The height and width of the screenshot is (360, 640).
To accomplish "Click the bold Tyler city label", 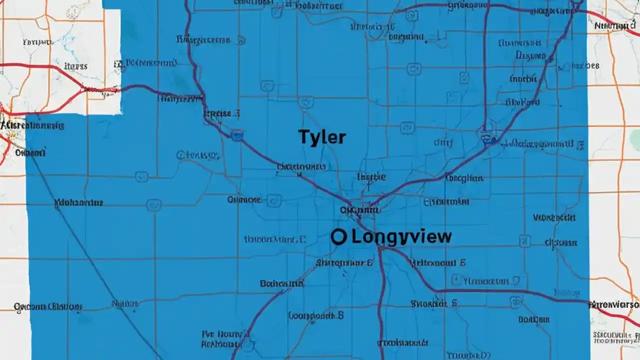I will point(322,137).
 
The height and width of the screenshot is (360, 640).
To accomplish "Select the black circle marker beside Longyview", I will point(338,236).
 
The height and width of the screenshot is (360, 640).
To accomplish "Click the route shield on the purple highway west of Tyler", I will point(237,134).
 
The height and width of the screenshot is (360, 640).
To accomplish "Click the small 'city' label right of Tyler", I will point(442,142).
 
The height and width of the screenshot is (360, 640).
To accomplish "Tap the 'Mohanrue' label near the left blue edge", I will point(78,203).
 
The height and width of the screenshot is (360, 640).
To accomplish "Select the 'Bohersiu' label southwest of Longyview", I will point(282,283).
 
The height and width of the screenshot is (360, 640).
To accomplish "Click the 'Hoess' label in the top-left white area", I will point(76,66).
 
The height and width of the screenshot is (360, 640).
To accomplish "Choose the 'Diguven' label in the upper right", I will point(530,56).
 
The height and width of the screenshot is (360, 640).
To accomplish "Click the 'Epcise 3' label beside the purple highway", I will point(221,114).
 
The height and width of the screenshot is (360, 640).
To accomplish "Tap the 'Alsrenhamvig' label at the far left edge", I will point(33,125).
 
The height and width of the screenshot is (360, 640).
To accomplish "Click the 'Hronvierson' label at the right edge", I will point(614,304).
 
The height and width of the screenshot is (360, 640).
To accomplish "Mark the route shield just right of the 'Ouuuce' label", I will point(273,200).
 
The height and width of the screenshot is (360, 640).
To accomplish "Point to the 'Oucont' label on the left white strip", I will point(30,152).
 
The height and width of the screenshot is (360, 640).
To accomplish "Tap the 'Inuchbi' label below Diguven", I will point(523,78).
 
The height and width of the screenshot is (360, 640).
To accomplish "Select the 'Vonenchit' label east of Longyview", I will point(554,218).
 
